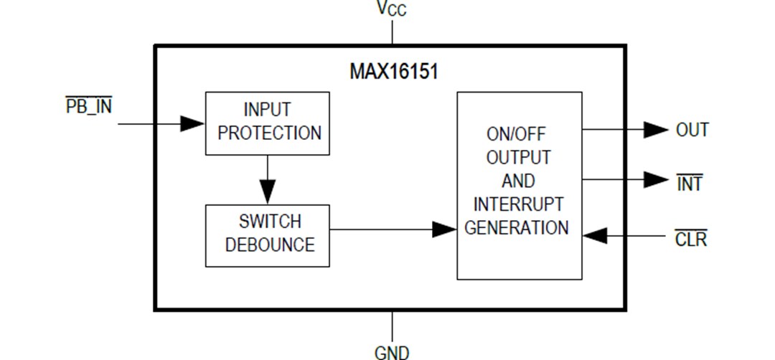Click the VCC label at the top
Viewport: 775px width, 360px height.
392,9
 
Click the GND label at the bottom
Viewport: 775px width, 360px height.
392,351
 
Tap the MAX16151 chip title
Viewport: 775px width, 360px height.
394,72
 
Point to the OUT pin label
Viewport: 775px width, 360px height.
692,130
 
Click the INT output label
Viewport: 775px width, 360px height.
690,184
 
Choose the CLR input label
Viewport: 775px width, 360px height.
690,239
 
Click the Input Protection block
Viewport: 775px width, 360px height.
267,123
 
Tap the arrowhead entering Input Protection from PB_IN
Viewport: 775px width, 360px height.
192,123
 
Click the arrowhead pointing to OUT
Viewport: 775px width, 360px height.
655,130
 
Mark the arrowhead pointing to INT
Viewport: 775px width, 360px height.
655,179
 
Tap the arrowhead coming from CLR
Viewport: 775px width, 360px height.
596,235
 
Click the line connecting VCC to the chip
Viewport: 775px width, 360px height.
392,32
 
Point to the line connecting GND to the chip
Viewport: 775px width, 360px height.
392,326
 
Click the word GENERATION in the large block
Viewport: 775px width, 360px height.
517,228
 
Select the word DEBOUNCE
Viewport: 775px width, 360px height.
270,245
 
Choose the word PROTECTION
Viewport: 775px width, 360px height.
270,133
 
